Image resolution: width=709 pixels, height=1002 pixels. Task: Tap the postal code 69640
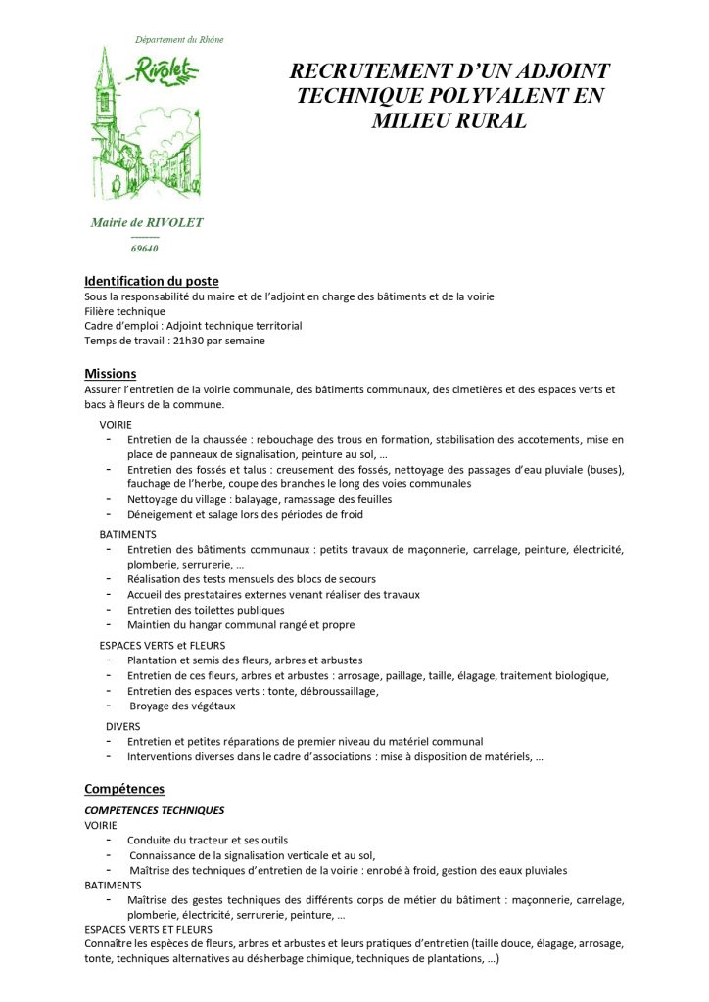point(145,248)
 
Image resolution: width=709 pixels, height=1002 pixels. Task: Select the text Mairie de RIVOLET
point(147,222)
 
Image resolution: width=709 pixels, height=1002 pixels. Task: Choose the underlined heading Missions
point(111,374)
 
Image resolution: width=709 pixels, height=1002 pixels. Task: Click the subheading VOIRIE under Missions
point(116,425)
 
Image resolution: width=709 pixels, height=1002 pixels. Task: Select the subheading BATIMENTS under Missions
point(127,535)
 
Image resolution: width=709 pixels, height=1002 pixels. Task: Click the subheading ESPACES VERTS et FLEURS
point(162,645)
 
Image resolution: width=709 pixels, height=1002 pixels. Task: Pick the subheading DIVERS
point(123,726)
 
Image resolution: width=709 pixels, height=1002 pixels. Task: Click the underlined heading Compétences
point(124,788)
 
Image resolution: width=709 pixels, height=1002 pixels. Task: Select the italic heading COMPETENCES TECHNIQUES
point(155,810)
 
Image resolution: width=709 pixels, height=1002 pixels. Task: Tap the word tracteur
point(209,840)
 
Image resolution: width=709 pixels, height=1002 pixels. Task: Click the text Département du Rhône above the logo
point(179,40)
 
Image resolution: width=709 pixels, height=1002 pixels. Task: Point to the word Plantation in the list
point(154,660)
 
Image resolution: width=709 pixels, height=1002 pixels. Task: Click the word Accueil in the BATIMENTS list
point(146,594)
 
